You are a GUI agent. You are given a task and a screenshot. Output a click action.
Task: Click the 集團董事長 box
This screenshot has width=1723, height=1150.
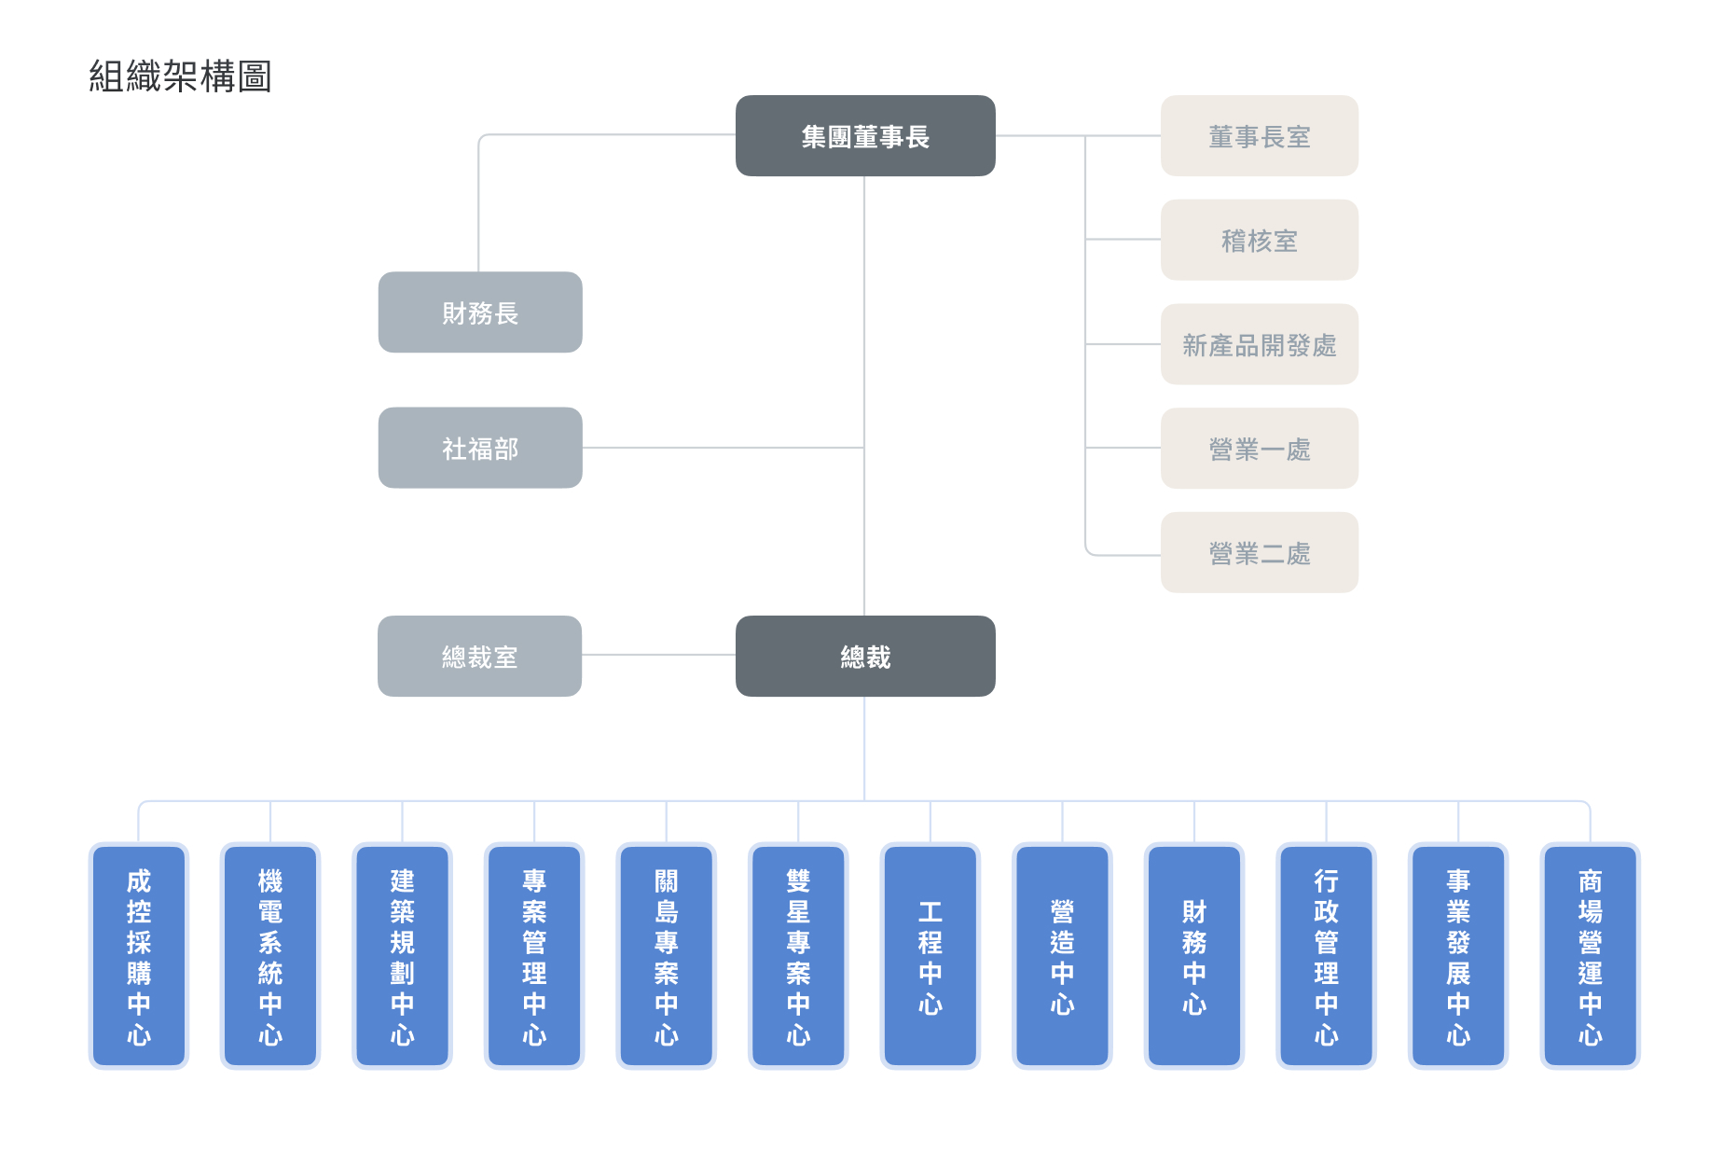(x=864, y=136)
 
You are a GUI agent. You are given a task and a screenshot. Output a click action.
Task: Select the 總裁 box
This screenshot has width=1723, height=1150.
(x=864, y=656)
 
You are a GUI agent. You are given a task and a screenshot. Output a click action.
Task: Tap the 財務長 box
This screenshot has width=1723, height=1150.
(x=480, y=312)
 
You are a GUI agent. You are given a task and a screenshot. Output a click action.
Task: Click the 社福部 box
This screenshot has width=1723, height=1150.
(x=480, y=448)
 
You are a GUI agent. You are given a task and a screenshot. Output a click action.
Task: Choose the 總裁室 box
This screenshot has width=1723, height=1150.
(x=479, y=656)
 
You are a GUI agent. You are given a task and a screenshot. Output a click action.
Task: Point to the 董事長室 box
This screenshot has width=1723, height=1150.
(x=1259, y=136)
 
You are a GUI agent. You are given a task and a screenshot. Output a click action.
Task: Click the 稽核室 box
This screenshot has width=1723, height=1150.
(x=1259, y=240)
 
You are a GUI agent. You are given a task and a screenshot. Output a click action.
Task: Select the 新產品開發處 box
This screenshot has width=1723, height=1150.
(x=1259, y=344)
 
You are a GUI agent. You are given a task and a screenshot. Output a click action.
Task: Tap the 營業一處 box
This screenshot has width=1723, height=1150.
(x=1259, y=449)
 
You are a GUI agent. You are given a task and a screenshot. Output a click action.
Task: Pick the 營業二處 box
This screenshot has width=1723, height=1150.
(x=1259, y=552)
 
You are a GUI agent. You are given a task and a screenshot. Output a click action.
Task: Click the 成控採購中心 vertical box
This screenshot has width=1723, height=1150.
(x=139, y=955)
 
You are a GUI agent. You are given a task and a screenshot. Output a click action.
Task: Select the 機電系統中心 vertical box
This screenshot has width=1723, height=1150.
(x=270, y=955)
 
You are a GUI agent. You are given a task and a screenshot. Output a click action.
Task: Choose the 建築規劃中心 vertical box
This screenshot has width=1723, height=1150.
(x=402, y=955)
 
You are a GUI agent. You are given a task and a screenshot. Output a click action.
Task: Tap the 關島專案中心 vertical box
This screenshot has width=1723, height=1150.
(x=666, y=955)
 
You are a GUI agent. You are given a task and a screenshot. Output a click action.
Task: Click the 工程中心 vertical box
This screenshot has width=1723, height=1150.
(x=930, y=955)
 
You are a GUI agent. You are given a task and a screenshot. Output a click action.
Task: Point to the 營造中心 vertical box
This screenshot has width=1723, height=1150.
(x=1062, y=955)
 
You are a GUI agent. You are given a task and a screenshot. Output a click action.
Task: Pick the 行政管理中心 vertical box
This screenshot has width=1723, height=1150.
(x=1326, y=955)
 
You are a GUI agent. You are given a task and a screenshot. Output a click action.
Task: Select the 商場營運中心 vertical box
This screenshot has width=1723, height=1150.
(x=1590, y=955)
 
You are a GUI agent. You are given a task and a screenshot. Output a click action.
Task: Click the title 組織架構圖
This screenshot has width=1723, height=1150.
(x=180, y=76)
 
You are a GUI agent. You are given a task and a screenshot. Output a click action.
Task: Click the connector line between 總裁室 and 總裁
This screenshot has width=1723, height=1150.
(x=658, y=655)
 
